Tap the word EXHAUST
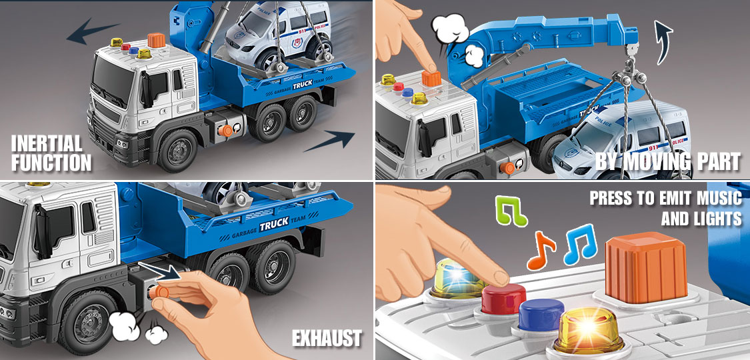[x=327, y=339]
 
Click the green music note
[x=511, y=211]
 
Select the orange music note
[x=541, y=251]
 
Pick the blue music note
[x=580, y=244]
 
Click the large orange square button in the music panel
[x=639, y=271]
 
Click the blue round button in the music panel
[x=541, y=315]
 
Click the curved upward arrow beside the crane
[x=663, y=42]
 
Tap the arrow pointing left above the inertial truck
[x=93, y=33]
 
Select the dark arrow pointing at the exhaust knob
[x=159, y=271]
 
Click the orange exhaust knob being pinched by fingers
[x=160, y=291]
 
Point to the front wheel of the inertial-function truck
[x=177, y=150]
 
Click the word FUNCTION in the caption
[x=51, y=162]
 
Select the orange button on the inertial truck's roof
[x=157, y=40]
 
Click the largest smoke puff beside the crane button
[x=450, y=29]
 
